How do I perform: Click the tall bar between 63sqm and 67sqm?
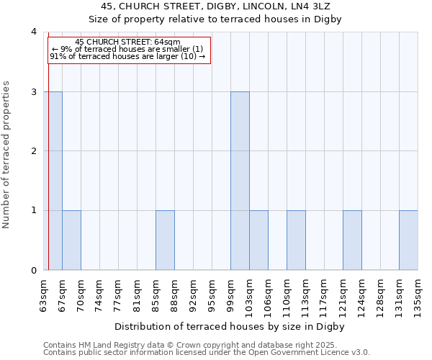[x=53, y=181]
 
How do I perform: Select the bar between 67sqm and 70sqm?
[x=71, y=240]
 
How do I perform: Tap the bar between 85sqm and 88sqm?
[x=165, y=240]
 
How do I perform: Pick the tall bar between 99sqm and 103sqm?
[x=240, y=181]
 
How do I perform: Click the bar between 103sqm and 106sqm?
[x=258, y=240]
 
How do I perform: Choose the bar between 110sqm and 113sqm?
[x=296, y=240]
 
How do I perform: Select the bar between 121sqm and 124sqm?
[x=352, y=240]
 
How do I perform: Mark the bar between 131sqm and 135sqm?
[x=408, y=240]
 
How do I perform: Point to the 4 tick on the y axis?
[x=33, y=32]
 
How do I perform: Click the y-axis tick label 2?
[x=33, y=151]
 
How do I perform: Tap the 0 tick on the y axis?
[x=33, y=270]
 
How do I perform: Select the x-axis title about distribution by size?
[x=230, y=326]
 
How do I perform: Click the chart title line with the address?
[x=216, y=6]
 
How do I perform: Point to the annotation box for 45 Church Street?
[x=129, y=49]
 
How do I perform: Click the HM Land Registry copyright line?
[x=195, y=345]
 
